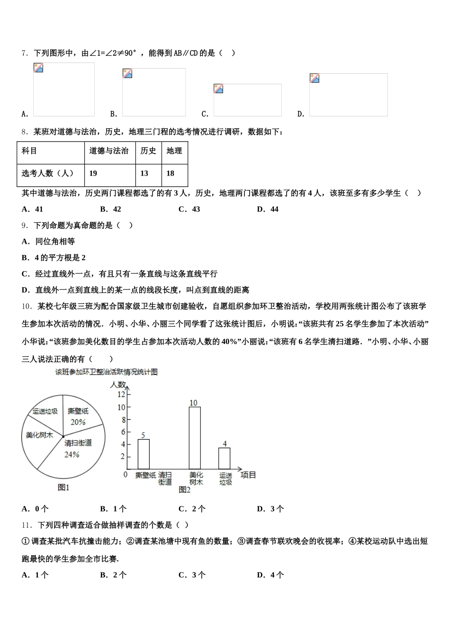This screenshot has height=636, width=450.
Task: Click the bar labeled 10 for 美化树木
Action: coord(195,438)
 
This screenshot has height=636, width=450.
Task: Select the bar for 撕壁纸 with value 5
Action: coord(144,454)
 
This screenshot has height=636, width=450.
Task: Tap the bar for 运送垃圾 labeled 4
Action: coord(225,458)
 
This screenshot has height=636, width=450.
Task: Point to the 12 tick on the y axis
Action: coord(122,394)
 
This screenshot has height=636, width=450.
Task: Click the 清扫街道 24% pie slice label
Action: coord(78,448)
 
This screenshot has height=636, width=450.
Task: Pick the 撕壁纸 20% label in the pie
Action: coord(78,416)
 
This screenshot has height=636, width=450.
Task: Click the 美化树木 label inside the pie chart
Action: coord(39,435)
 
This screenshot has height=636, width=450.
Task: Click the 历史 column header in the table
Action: coord(148,151)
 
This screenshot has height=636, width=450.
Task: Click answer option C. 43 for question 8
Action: coord(189,209)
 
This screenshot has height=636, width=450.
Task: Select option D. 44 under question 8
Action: coord(268,209)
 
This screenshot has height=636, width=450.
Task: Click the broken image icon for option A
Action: coord(38,68)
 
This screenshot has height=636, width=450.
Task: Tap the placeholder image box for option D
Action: coord(348,95)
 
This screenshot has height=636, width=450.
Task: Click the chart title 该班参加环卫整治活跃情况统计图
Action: coord(106,372)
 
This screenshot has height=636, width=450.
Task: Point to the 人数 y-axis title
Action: coord(118,384)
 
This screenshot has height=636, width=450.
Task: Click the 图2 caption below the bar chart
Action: coord(184,490)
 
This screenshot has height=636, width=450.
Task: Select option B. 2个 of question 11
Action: coord(114,575)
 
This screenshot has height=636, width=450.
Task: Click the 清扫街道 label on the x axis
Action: coord(165,478)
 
